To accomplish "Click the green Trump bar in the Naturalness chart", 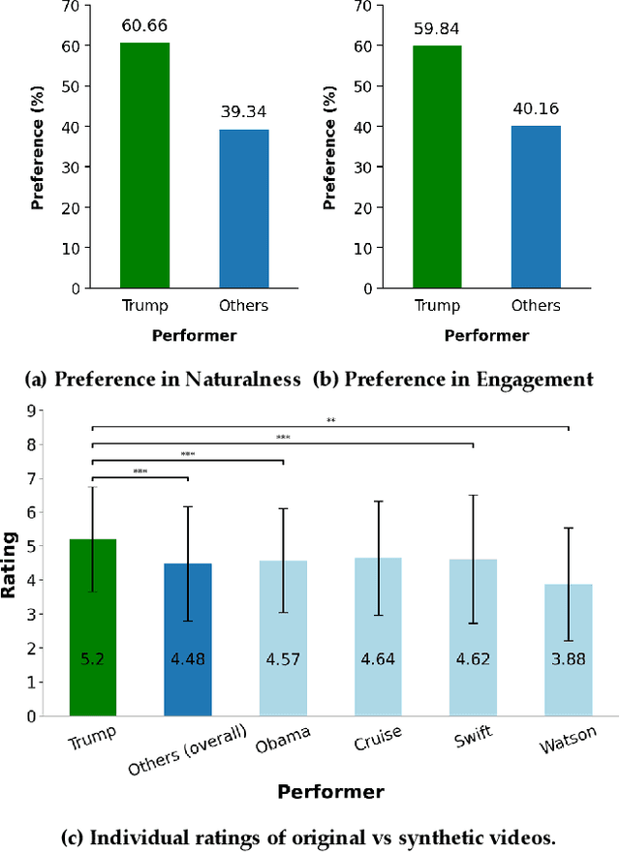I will pos(144,166).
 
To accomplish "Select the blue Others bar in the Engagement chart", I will pos(535,207).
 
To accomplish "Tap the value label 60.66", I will pos(144,26).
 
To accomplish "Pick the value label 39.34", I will pos(243,115).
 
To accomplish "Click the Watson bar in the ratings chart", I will pos(569,650).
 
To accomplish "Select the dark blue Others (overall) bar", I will pos(188,639).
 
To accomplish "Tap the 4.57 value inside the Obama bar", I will pos(283,659).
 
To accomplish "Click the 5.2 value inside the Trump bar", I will pos(93,659).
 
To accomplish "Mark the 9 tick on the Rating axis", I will pos(30,411).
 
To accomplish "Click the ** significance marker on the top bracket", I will pos(330,421).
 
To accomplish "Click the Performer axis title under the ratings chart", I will pos(330,791).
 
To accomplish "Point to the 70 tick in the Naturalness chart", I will pos(67,5).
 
